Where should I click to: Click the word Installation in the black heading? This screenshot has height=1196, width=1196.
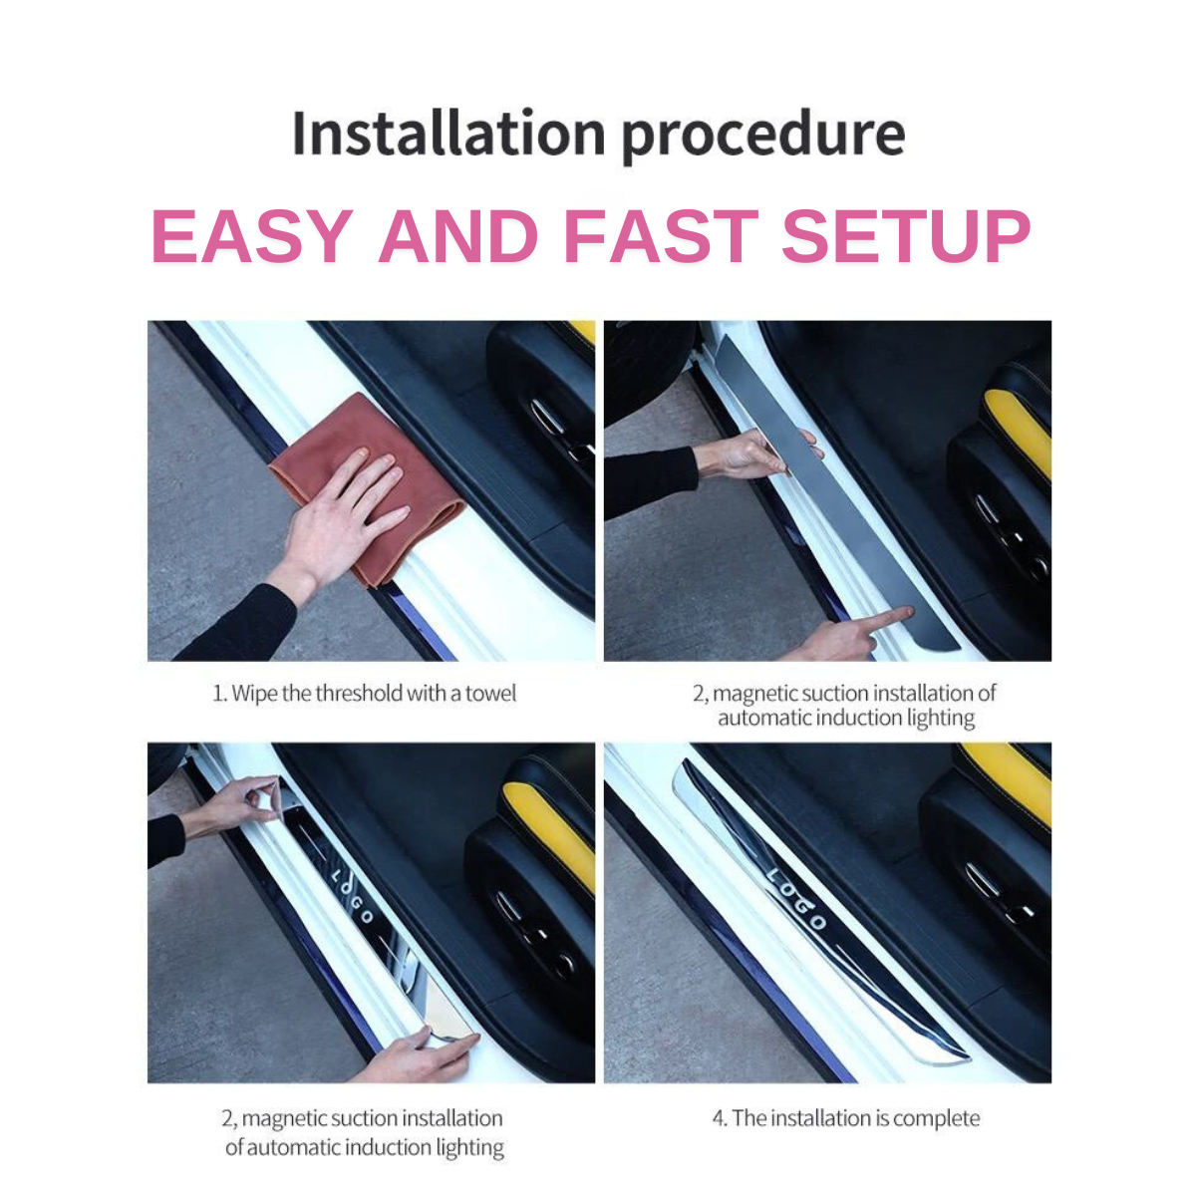pyautogui.click(x=448, y=133)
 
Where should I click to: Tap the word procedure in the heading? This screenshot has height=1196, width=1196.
pyautogui.click(x=762, y=138)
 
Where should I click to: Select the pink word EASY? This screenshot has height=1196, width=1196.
pyautogui.click(x=252, y=236)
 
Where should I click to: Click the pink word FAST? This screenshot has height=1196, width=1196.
pyautogui.click(x=661, y=236)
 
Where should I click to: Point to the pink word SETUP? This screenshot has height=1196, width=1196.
pyautogui.click(x=906, y=236)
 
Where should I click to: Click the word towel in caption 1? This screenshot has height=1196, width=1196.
pyautogui.click(x=490, y=694)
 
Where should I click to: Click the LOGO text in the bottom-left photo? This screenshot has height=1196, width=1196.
pyautogui.click(x=352, y=897)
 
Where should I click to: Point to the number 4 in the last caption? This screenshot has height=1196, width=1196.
pyautogui.click(x=719, y=1118)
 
